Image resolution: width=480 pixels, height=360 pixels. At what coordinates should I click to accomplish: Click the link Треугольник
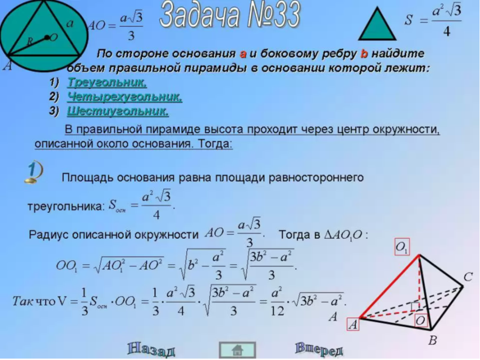point(107,82)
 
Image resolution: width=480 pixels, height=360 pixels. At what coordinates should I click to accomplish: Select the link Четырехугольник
point(124,97)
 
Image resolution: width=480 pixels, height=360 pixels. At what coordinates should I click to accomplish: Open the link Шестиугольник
point(118,111)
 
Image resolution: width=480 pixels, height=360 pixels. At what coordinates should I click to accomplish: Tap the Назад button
point(151,349)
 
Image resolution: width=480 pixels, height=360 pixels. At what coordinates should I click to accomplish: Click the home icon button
point(237,350)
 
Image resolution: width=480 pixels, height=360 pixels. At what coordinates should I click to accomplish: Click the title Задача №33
point(230,15)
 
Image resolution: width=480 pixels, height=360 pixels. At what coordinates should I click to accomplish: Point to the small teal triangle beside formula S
point(377,25)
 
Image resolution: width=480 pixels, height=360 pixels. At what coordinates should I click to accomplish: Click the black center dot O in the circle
point(47,38)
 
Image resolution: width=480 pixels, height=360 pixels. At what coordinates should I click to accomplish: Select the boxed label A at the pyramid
point(353,324)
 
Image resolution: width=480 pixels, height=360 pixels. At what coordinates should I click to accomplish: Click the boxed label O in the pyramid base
point(421,320)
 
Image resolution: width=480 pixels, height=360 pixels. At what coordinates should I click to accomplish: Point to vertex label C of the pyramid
point(468,277)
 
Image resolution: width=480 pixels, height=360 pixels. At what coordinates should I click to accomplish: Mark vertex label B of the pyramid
point(432,340)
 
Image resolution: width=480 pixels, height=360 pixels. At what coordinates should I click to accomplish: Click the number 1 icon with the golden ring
point(34,172)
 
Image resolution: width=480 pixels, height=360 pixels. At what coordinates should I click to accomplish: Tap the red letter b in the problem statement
point(364,54)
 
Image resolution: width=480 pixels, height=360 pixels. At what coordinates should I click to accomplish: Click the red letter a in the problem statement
point(243,54)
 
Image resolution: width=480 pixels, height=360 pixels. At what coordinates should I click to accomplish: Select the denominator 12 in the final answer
point(278,311)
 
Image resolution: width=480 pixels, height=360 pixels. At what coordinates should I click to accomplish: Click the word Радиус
point(48,235)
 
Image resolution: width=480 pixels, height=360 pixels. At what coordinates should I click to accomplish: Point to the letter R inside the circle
point(30,41)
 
